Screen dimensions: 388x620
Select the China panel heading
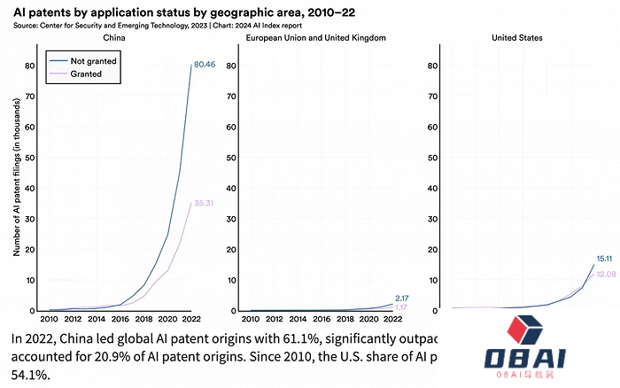point(114,38)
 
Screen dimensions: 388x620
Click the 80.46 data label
point(205,65)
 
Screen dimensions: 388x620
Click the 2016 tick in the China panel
point(121,319)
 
